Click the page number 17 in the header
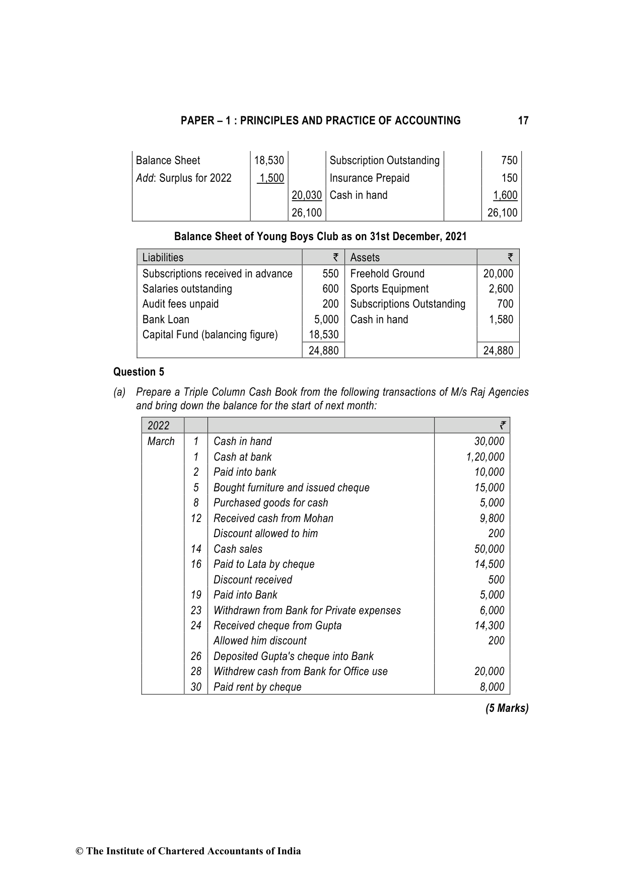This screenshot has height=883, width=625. [x=523, y=121]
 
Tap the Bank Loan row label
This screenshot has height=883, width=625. [x=166, y=320]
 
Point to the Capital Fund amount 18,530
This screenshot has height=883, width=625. [x=323, y=335]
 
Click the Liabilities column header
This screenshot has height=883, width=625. [x=163, y=258]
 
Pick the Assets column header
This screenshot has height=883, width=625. [x=365, y=258]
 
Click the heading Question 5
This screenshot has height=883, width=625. [x=138, y=372]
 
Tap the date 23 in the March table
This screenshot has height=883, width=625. [x=196, y=611]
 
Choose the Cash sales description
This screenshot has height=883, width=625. [x=238, y=549]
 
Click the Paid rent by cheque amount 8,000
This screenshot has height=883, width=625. [x=492, y=687]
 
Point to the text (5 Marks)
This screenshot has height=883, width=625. [x=507, y=708]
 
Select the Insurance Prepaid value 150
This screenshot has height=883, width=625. [x=509, y=178]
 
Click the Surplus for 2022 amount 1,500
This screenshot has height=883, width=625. [x=271, y=178]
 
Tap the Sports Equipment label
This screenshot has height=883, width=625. [x=389, y=289]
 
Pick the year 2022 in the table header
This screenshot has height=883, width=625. [x=158, y=426]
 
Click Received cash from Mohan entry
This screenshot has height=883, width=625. [x=273, y=519]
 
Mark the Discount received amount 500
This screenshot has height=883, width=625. [x=496, y=580]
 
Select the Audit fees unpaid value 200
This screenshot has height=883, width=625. [x=330, y=304]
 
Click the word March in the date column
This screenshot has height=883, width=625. [x=161, y=441]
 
